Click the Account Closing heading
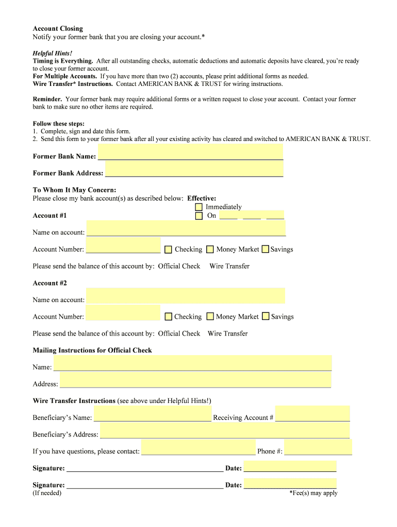point(58,28)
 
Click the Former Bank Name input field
point(190,152)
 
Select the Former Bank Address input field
point(194,169)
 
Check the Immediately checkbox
point(199,207)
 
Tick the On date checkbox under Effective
point(199,216)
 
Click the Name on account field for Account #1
point(186,229)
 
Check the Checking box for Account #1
point(168,250)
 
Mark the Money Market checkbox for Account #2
point(210,317)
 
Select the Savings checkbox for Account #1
point(266,249)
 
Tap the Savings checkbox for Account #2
point(266,317)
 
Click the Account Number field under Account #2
point(123,313)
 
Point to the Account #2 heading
point(50,283)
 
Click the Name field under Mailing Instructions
point(192,363)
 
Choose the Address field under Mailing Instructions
point(195,380)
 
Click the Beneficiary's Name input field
point(152,414)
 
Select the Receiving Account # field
point(312,414)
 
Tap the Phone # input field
point(318,448)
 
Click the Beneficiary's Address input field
point(225,431)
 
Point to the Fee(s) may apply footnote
point(313,493)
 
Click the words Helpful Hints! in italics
point(53,53)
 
